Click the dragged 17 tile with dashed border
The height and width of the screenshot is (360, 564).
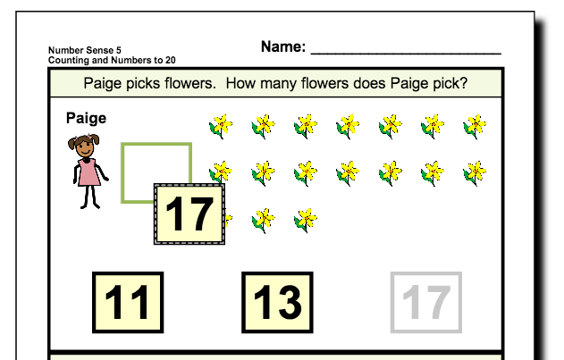click(189, 214)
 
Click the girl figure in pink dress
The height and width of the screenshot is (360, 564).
click(88, 170)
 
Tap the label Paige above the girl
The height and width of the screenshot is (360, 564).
click(86, 118)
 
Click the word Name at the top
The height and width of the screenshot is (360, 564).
click(282, 46)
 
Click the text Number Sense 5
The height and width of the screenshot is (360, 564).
click(80, 51)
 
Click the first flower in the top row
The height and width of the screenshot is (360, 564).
click(221, 126)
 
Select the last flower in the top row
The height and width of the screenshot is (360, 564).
click(475, 126)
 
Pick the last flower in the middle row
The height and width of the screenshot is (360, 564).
click(475, 171)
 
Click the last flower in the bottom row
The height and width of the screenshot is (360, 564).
click(306, 218)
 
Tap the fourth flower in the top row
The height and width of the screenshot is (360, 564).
click(348, 126)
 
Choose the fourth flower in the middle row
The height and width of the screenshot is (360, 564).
click(348, 171)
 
